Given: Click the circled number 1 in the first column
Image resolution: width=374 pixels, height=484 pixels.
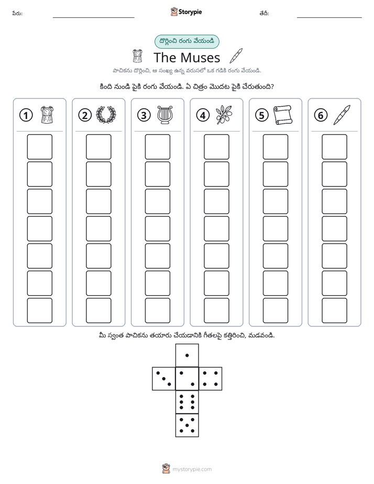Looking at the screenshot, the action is pos(26,115).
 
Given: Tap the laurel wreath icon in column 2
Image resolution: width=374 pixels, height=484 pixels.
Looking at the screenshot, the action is pos(106,115).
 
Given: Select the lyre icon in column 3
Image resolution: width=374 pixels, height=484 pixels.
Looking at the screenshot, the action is pos(165,115).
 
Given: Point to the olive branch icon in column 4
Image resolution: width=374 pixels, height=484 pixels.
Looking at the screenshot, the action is pos(224,115).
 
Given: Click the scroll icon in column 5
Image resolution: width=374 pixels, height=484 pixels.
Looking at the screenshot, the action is pos(283,115).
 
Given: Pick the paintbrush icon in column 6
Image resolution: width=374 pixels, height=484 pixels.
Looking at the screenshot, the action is pos(342,115).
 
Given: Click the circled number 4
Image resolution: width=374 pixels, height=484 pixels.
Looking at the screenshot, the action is pos(203,115).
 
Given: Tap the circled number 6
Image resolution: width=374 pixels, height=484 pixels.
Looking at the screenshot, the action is pos(321,115).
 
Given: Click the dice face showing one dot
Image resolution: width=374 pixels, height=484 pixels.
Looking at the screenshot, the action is pos(187,356).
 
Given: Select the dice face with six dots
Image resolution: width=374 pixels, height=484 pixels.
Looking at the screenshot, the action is pos(187,402).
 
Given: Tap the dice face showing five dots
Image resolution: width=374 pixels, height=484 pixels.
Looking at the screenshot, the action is pos(187,425).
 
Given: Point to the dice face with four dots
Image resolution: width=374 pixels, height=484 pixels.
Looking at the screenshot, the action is pos(211,379).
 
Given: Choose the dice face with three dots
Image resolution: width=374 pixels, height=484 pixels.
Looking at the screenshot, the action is pos(164,379).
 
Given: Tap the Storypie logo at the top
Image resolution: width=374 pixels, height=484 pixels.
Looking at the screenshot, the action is pos(186,12).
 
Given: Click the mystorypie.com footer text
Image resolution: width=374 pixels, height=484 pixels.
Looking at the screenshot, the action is pos(192,469).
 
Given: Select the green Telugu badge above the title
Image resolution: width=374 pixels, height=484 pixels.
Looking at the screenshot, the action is pos(186,41).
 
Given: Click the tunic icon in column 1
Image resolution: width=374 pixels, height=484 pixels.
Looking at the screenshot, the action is pos(47,115).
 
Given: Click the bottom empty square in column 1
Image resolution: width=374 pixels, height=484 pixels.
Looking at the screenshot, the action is pos(39,311).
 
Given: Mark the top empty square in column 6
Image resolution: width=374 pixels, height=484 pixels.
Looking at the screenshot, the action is pos(334,147).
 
